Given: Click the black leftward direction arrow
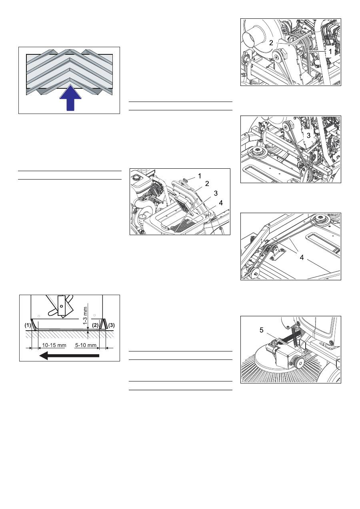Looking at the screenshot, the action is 69,355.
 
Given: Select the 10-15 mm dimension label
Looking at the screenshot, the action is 54,345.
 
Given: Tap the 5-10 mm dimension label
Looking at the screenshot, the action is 86,345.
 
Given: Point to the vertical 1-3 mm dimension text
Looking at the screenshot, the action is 85,316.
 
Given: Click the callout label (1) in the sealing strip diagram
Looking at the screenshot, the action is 28,325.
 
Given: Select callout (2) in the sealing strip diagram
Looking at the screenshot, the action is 95,325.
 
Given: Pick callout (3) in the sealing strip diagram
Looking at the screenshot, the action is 111,325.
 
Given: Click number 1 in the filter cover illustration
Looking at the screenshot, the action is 199,176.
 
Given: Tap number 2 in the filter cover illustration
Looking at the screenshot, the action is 207,184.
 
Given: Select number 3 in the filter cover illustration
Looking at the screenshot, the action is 216,194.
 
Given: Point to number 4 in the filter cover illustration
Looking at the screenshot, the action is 221,203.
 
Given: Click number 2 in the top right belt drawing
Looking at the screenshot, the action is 271,43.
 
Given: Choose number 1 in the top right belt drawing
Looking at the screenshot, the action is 330,52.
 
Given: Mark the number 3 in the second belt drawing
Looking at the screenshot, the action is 308,136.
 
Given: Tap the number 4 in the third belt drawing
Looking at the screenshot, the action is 302,257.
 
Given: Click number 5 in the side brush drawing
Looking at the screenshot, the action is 261,330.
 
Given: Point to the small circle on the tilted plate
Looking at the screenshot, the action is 61,306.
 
